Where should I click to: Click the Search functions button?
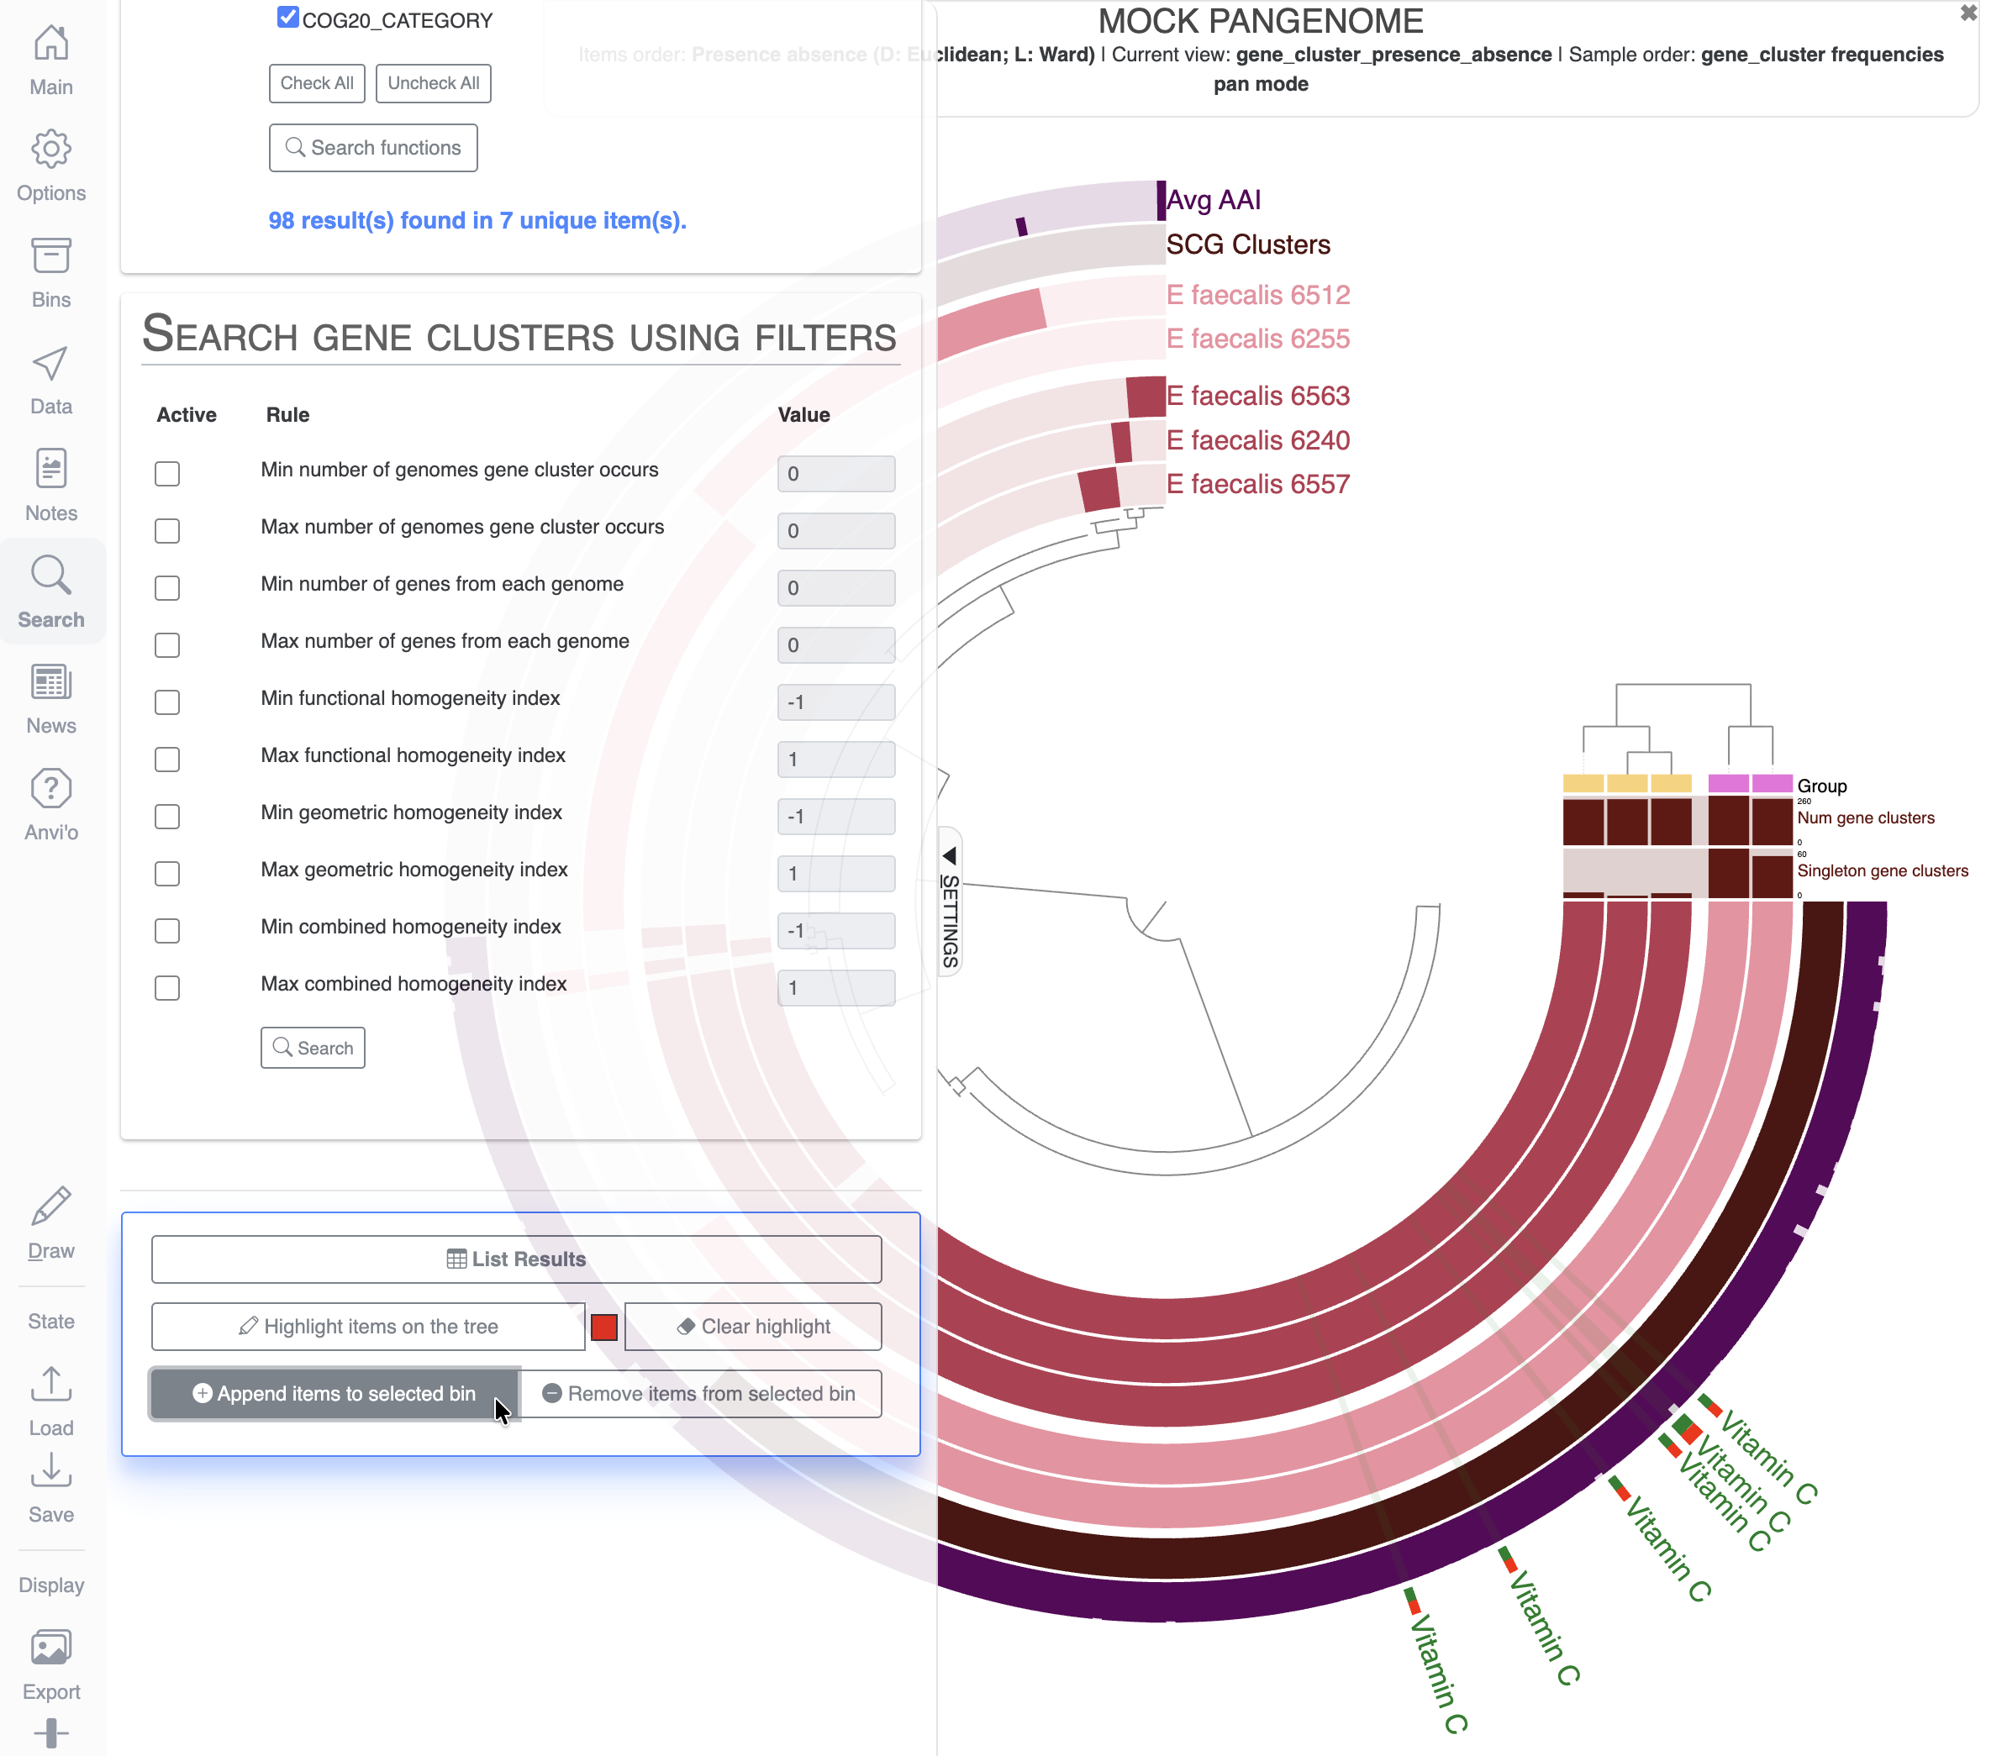pos(372,148)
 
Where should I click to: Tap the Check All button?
pos(317,83)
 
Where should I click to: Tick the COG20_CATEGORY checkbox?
pos(287,18)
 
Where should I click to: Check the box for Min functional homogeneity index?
pos(167,702)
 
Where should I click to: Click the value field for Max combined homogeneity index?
pos(835,988)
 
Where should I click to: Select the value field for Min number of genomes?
pos(835,473)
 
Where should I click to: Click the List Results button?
pos(516,1259)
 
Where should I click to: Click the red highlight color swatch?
pos(604,1327)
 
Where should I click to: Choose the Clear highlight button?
pos(753,1327)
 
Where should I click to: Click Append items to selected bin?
pos(334,1393)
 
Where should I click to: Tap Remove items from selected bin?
pos(701,1393)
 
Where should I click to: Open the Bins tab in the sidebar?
pos(51,272)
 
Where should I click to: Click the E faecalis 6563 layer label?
pos(1257,396)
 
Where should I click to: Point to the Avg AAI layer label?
pos(1214,200)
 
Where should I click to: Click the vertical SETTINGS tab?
pos(950,902)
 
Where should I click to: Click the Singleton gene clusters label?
pos(1882,871)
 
